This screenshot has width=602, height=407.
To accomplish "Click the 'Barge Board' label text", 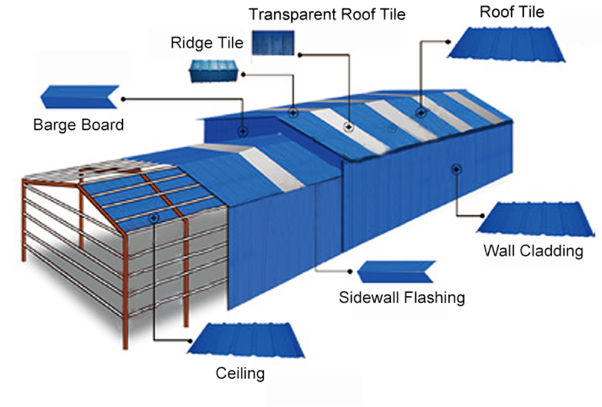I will [78, 125].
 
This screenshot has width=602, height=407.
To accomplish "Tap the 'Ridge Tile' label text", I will [207, 43].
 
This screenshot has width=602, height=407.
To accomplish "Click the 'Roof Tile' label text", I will [512, 12].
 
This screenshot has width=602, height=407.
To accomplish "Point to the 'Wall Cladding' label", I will [533, 250].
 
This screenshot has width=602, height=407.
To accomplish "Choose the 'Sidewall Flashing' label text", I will [402, 297].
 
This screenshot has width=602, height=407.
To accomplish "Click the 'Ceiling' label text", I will [240, 373].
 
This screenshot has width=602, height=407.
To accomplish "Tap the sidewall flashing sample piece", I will [396, 272].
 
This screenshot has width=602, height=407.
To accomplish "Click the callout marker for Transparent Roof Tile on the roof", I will [348, 126].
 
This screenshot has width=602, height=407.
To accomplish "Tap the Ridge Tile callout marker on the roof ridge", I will [293, 112].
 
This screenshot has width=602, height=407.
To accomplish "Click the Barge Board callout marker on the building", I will [242, 130].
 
